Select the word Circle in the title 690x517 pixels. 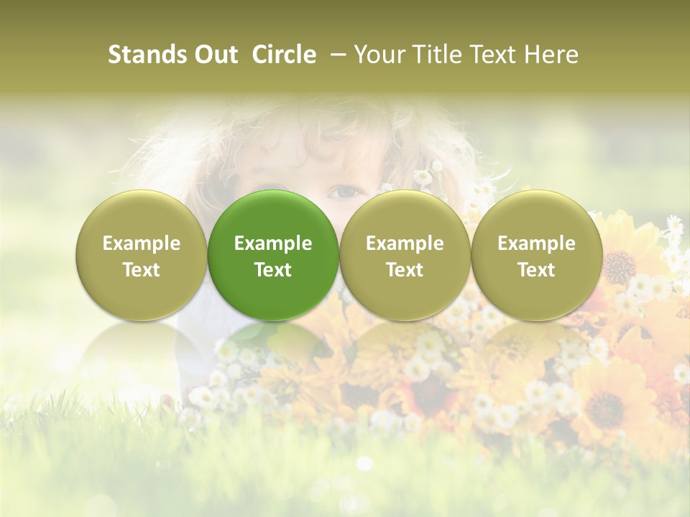[284, 55]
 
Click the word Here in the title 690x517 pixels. [551, 55]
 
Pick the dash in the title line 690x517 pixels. [336, 55]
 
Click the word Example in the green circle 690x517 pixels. [273, 243]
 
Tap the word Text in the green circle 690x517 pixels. [273, 270]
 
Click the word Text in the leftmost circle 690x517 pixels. [142, 270]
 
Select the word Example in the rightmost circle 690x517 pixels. [536, 243]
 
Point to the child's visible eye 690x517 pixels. [345, 192]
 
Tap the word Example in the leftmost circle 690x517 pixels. [142, 243]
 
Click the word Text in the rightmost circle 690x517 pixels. [536, 270]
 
